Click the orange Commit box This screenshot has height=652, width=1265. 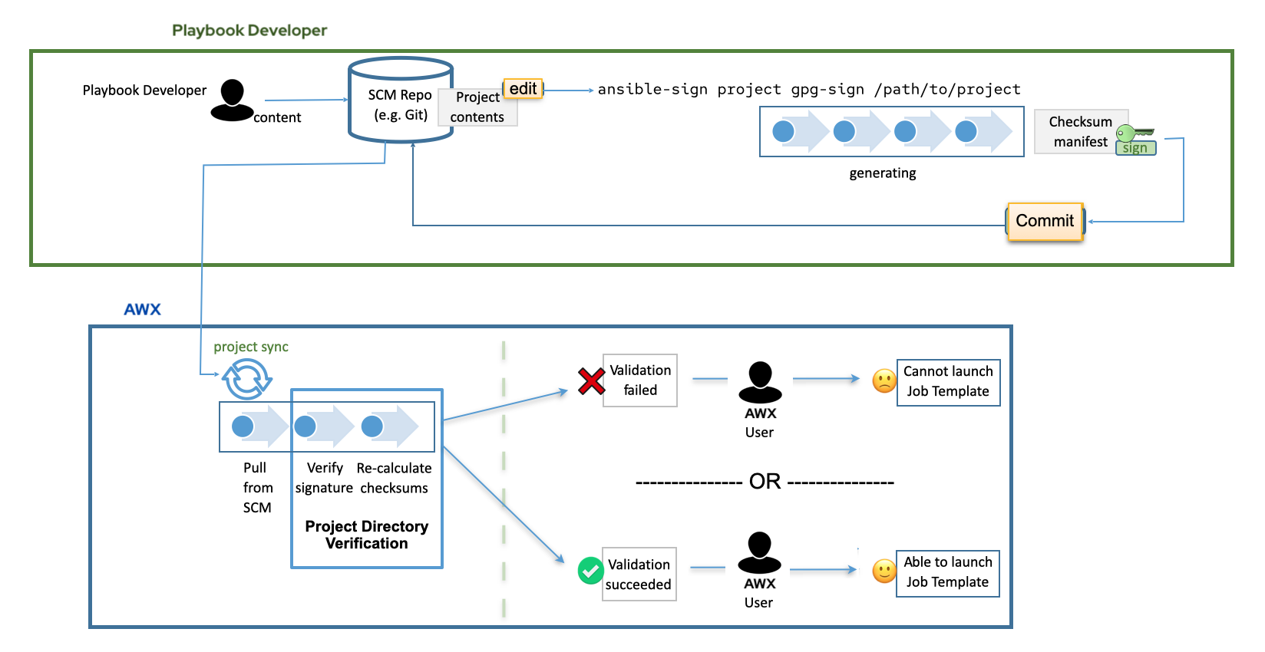tap(1045, 222)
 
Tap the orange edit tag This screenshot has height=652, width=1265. tap(523, 89)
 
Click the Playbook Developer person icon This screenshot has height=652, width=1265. tap(231, 100)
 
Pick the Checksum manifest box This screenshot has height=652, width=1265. tap(1080, 132)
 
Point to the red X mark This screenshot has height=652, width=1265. tap(591, 381)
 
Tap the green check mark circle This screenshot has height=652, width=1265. tap(590, 571)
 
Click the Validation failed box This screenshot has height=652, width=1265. tap(640, 380)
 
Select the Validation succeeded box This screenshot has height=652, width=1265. tap(639, 574)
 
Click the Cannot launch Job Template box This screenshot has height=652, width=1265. tap(948, 382)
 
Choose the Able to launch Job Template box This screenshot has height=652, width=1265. tap(947, 573)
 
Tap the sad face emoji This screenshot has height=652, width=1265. tap(884, 381)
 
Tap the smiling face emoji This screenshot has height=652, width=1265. tap(884, 571)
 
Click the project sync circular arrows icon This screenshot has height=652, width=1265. tap(246, 379)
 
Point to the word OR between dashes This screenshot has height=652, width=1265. tap(765, 482)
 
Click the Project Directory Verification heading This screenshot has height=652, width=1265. tap(366, 535)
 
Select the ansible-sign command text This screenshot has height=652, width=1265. tap(808, 90)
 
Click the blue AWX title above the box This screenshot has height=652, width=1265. tap(143, 310)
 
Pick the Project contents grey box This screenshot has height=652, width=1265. tap(477, 107)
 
